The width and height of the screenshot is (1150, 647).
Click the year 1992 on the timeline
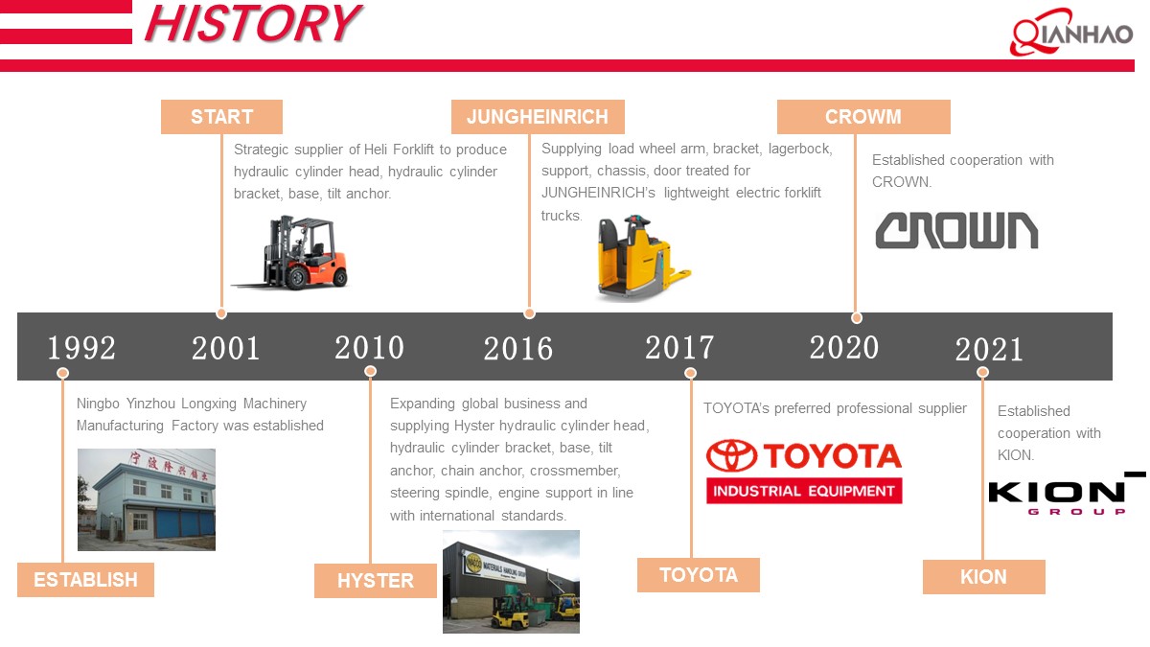pos(81,347)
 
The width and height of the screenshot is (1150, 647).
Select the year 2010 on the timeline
pos(369,347)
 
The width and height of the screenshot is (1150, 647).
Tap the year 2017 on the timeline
pos(679,347)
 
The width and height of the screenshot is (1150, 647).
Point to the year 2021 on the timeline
pos(989,350)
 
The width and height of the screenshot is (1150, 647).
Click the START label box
pos(221,117)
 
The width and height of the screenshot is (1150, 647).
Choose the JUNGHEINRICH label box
pos(538,117)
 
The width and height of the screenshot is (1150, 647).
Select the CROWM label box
pos(863,117)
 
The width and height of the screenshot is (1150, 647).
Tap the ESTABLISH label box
pos(85,580)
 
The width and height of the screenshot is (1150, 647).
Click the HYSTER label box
pos(376,581)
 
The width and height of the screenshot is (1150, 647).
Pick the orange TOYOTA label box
pos(699,575)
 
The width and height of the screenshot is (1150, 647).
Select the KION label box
pos(983,577)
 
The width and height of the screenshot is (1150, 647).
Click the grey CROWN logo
pos(956,230)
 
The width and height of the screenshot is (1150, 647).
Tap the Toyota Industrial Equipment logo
pos(804,471)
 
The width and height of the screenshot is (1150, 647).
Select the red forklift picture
pos(290,253)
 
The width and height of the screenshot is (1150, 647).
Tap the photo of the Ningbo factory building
pos(147,499)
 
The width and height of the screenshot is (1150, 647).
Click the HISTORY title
pos(252,24)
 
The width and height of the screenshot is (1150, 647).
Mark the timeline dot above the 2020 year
pos(857,317)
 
